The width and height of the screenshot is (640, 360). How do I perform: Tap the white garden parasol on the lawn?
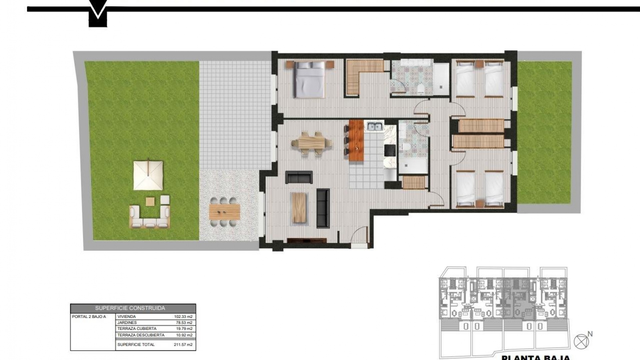(148, 175)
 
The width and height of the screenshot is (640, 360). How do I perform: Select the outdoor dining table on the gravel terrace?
(225, 211)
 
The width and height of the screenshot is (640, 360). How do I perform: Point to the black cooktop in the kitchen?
(390, 150)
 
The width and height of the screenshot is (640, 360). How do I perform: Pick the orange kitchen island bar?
(356, 141)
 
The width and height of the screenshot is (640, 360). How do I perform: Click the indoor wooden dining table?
(312, 143)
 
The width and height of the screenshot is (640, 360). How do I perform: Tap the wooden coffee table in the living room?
(299, 208)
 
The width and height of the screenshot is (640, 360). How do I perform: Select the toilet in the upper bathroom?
(421, 89)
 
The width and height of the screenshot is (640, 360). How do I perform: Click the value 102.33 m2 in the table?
(183, 317)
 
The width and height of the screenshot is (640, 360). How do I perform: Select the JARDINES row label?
(127, 323)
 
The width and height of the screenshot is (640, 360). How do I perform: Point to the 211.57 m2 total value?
(183, 345)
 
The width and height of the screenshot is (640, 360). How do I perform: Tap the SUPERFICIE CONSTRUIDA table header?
(130, 308)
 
